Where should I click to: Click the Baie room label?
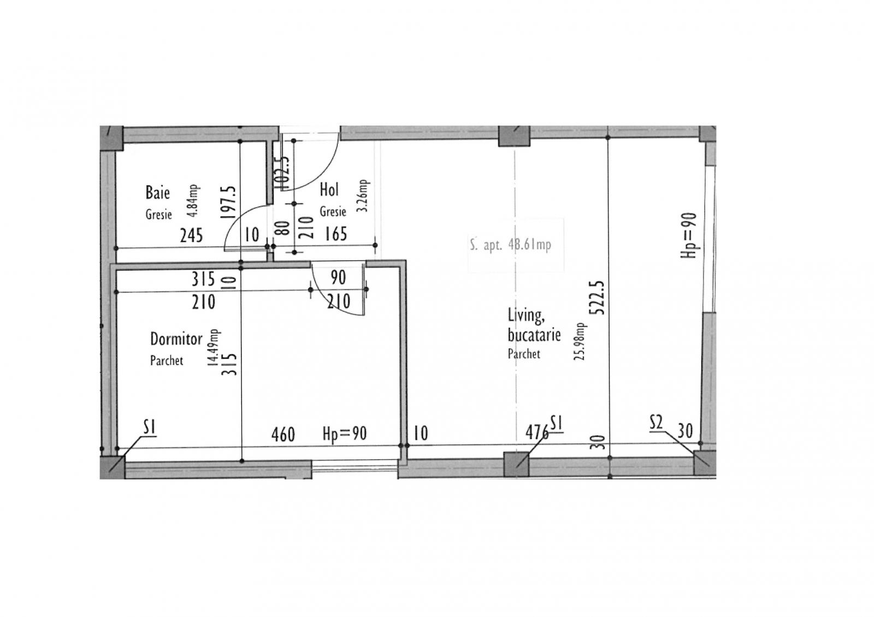pyautogui.click(x=157, y=193)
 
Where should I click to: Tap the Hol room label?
pyautogui.click(x=329, y=190)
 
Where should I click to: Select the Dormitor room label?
pyautogui.click(x=176, y=339)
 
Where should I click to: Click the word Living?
pyautogui.click(x=525, y=316)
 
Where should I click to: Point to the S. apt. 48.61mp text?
pyautogui.click(x=510, y=245)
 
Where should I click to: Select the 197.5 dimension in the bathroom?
pyautogui.click(x=230, y=201)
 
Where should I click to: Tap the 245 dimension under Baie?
pyautogui.click(x=191, y=235)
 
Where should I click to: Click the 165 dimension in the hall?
pyautogui.click(x=335, y=234)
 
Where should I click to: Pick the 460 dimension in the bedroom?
pyautogui.click(x=283, y=435)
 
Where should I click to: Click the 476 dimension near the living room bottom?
pyautogui.click(x=536, y=432)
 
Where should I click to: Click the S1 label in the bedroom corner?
pyautogui.click(x=150, y=427)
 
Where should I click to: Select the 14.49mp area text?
pyautogui.click(x=215, y=347)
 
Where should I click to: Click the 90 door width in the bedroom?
pyautogui.click(x=338, y=277)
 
